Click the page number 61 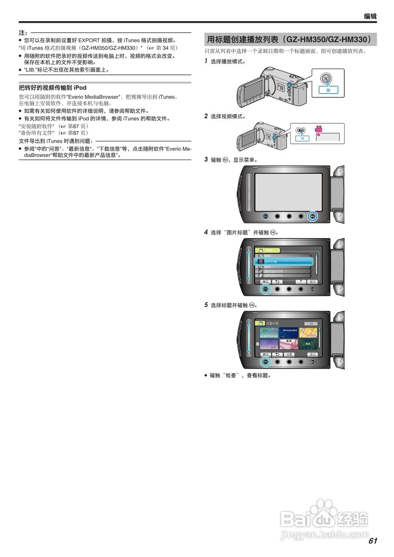coord(372,541)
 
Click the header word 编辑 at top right coord(370,17)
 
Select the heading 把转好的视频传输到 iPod coord(53,87)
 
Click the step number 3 coord(206,159)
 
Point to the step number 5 coord(206,305)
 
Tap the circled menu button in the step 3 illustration coord(312,216)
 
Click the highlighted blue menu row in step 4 coord(283,262)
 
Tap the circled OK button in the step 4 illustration coord(265,289)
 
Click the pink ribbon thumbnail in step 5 coord(288,345)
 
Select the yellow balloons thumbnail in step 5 coord(307,333)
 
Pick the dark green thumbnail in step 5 coord(307,345)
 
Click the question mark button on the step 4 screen coord(300,282)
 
